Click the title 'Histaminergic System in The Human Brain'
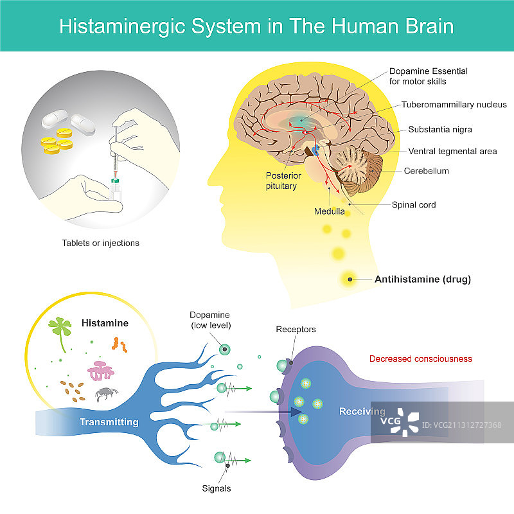(256, 26)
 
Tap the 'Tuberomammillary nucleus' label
(454, 105)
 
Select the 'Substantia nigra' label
(441, 129)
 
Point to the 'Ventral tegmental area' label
(452, 151)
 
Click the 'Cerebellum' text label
(426, 171)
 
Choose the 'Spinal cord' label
(414, 205)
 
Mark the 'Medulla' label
(329, 211)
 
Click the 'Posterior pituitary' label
(281, 181)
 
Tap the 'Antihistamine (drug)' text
(423, 279)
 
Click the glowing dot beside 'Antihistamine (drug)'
(350, 279)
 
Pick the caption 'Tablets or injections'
(100, 244)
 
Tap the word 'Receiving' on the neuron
(362, 412)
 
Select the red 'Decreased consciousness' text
(420, 359)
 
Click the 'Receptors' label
(296, 330)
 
